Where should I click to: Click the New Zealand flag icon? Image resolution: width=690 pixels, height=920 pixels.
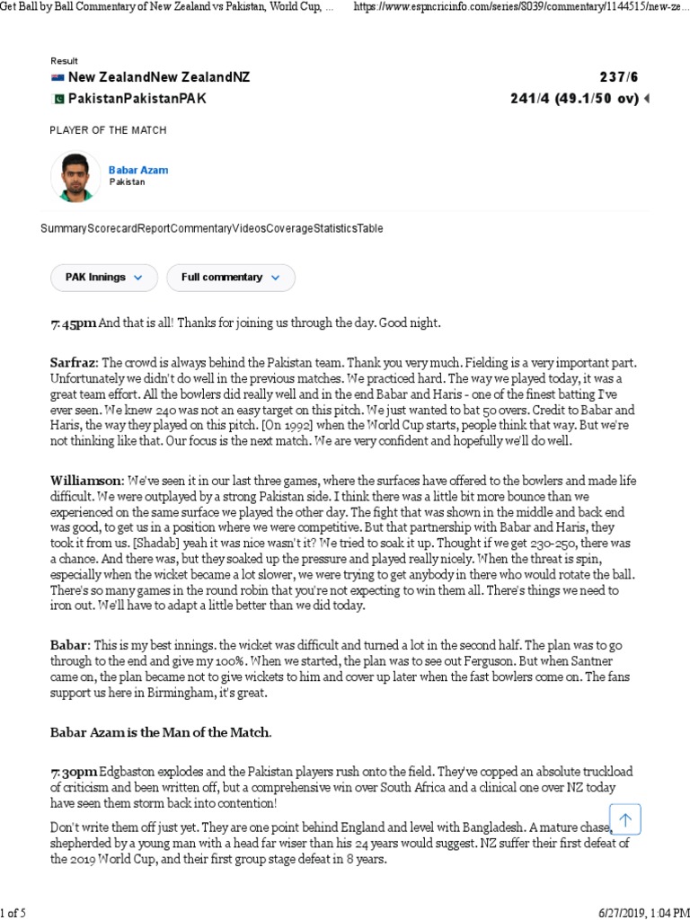coord(57,78)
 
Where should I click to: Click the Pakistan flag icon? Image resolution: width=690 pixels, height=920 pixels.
coord(57,99)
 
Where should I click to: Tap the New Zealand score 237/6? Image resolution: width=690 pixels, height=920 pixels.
coord(619,78)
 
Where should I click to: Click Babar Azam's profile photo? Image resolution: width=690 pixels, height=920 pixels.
coord(76,176)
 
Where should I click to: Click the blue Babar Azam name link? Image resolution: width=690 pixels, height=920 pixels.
coord(138,170)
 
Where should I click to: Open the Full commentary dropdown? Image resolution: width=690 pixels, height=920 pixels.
coord(230,278)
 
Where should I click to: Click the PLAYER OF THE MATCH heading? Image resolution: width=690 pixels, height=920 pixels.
coord(108,130)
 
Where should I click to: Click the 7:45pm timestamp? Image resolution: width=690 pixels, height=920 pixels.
coord(73,323)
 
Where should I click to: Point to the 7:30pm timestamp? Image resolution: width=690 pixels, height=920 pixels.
coord(73,773)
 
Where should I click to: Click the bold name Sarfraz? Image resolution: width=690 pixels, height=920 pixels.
coord(74,363)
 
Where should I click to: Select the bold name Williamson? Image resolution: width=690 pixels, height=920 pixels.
coord(85,481)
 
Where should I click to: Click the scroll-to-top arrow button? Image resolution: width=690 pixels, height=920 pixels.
coord(625,818)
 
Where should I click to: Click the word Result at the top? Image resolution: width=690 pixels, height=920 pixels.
coord(64,61)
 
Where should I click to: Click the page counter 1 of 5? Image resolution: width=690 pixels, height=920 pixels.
coord(13,913)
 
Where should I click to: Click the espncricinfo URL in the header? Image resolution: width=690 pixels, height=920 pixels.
coord(521,7)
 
